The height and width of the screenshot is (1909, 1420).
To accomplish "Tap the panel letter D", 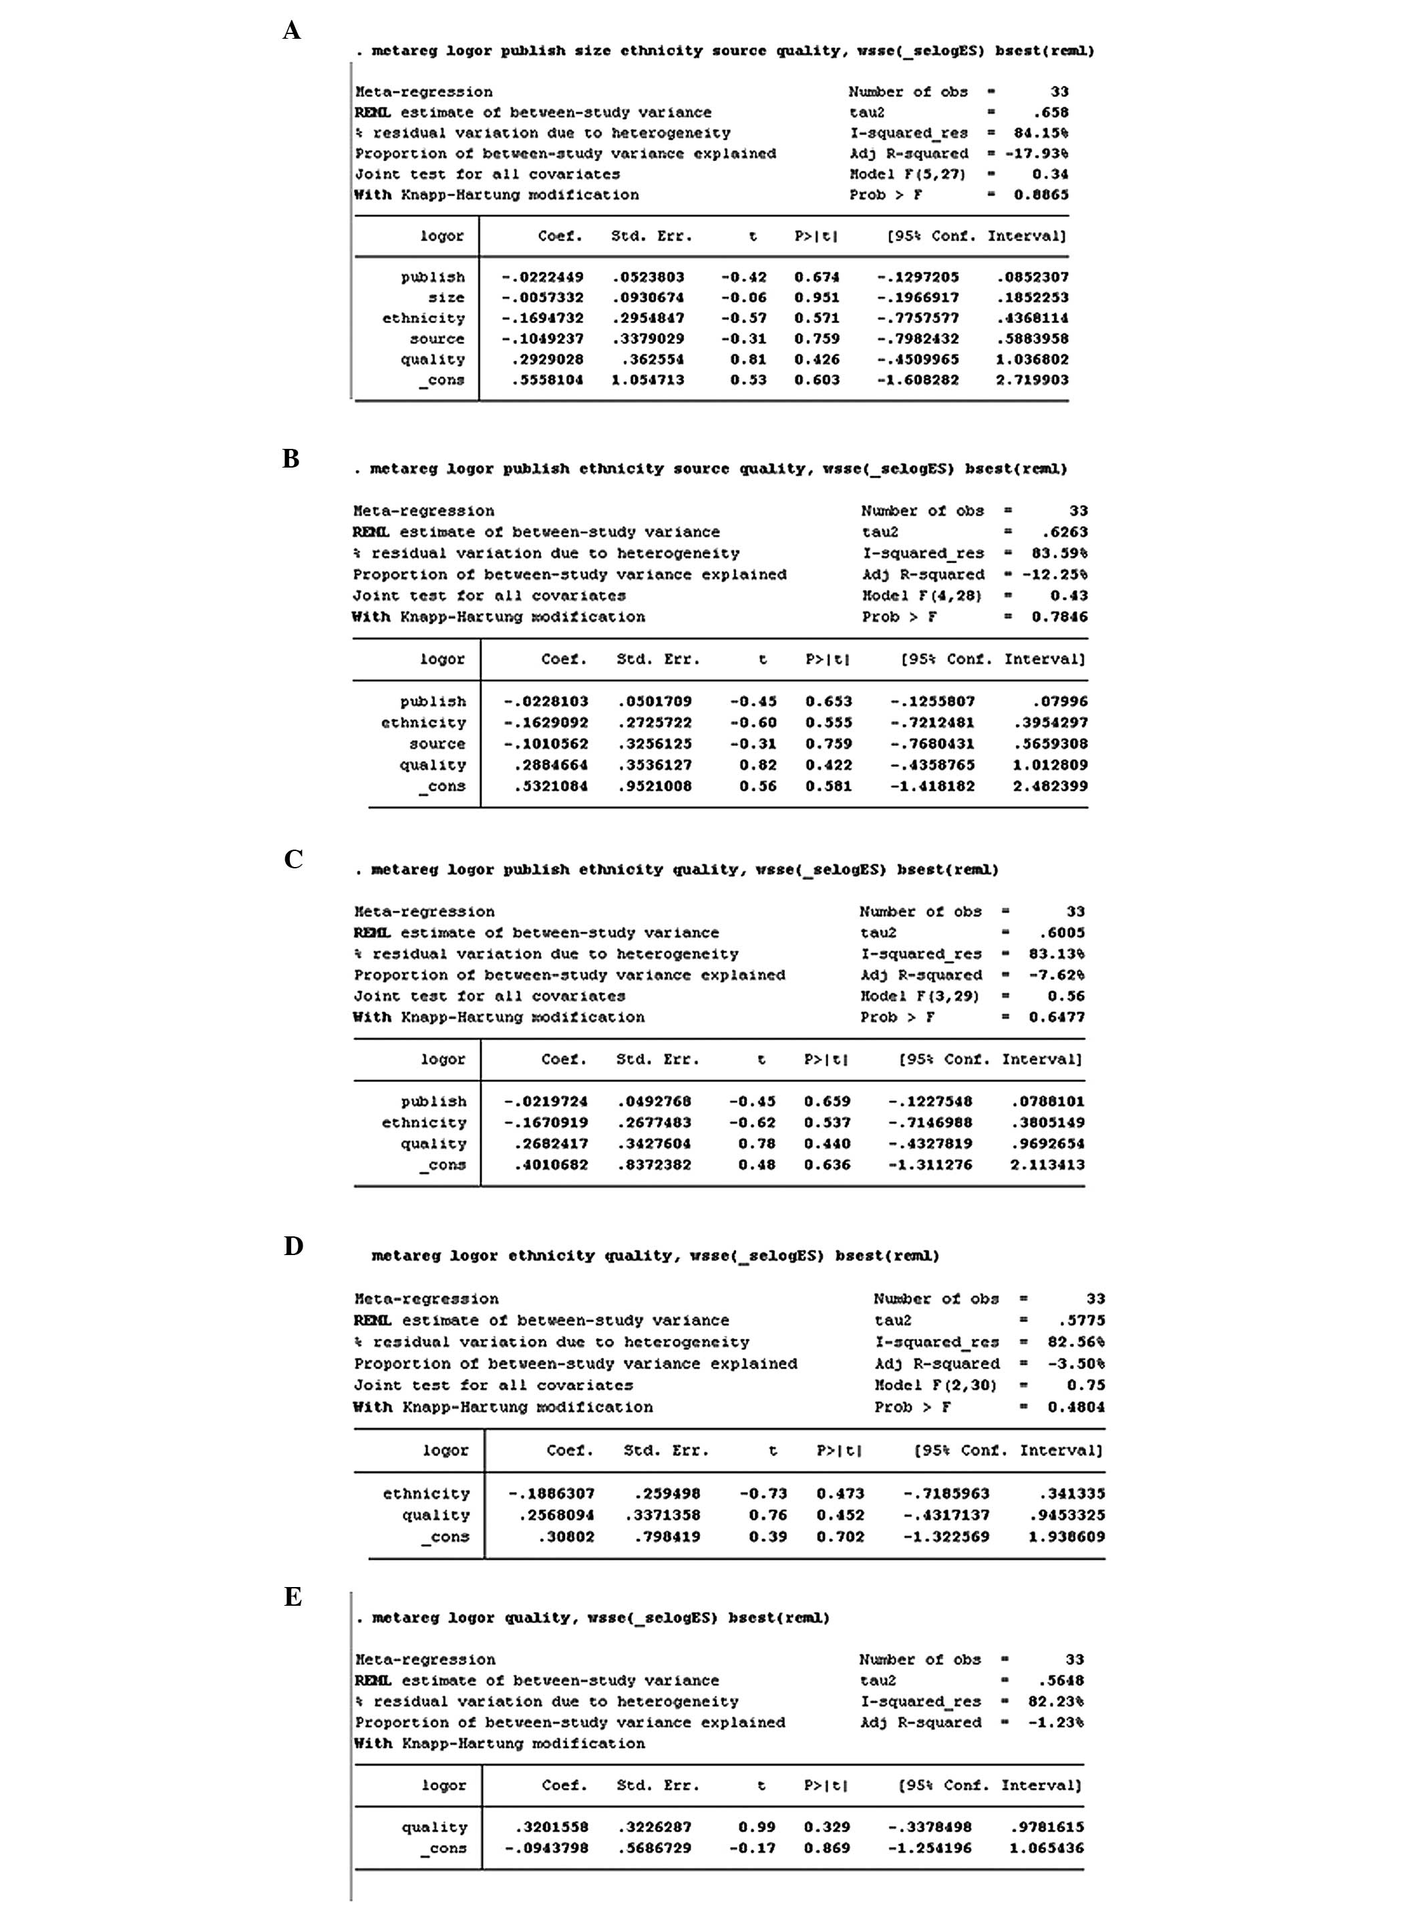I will click(x=293, y=1246).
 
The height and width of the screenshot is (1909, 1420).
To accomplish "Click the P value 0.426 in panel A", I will click(x=817, y=360).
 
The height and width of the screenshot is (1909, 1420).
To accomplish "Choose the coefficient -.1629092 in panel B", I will click(x=546, y=723).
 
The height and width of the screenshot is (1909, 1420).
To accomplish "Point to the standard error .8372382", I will click(x=653, y=1166).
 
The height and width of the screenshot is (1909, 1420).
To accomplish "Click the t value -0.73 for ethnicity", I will click(x=763, y=1494).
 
